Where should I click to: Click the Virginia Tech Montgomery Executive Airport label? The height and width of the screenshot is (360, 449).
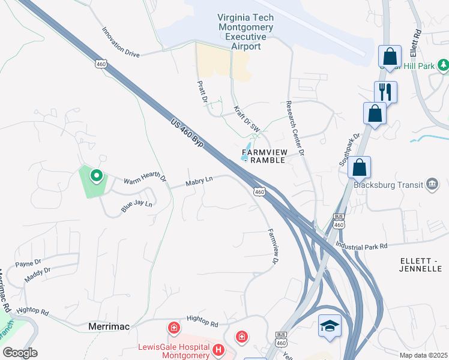[246, 32]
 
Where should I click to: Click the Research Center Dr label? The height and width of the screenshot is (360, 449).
[295, 127]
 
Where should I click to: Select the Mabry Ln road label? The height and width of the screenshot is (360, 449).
[199, 180]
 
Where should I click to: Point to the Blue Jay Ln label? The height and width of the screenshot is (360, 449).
[137, 204]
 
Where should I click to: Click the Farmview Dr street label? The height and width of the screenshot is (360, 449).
[273, 247]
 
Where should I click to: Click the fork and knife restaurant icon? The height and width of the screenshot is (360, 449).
[384, 92]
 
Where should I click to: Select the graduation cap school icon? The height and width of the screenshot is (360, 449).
[330, 325]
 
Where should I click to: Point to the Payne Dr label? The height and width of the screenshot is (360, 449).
[28, 263]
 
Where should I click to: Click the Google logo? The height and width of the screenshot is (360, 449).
[20, 353]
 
